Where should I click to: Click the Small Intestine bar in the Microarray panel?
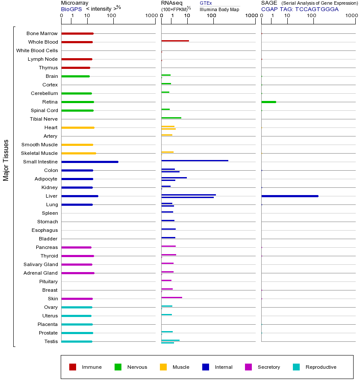point(90,162)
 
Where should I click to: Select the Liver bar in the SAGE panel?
point(290,196)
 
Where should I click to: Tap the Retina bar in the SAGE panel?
point(269,102)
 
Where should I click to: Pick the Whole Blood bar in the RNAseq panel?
point(175,41)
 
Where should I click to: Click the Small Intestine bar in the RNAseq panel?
point(195,160)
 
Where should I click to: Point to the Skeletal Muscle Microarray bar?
point(79,153)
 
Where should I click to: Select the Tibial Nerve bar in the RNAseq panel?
point(171,118)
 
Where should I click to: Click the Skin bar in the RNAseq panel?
point(171,297)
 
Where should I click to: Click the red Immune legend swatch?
point(73,367)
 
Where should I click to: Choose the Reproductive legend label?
point(321,367)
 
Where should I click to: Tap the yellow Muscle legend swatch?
point(163,367)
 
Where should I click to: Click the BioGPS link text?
point(71,9)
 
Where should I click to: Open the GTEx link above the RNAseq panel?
point(206,3)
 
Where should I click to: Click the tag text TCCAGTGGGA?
point(317,9)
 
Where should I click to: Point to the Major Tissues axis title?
point(6,160)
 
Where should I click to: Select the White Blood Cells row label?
point(37,50)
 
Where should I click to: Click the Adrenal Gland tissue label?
point(41,273)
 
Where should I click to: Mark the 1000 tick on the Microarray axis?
point(151,16)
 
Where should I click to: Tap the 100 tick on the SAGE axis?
point(312,16)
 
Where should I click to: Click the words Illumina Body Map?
point(219,9)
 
